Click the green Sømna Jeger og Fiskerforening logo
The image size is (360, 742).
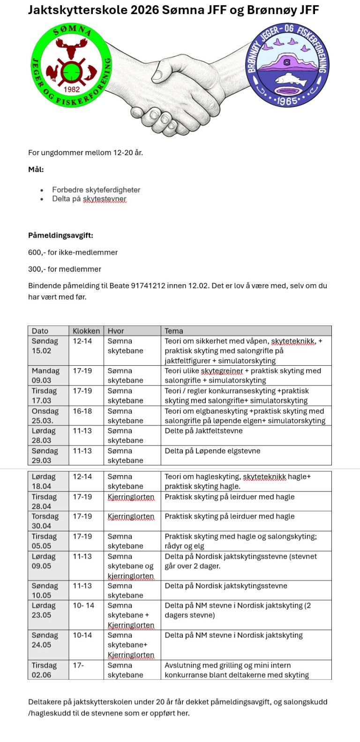(x=71, y=66)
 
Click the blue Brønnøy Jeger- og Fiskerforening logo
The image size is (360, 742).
(x=288, y=66)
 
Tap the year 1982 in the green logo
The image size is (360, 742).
(x=71, y=89)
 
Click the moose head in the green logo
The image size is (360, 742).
(x=72, y=47)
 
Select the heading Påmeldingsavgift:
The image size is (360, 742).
(x=60, y=235)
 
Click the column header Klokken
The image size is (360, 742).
(x=86, y=331)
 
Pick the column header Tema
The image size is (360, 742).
(x=174, y=331)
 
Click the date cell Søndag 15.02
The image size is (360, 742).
(x=45, y=346)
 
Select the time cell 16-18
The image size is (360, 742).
(x=82, y=411)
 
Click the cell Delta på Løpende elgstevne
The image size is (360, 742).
(x=212, y=451)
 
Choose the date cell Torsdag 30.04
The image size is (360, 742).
(x=45, y=521)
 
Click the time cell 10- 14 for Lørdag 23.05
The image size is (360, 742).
(x=83, y=606)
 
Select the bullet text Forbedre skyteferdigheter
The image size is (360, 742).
(x=96, y=190)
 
